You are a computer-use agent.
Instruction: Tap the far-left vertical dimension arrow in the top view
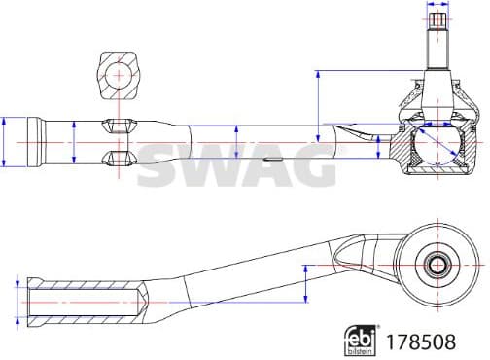(x=6, y=142)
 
